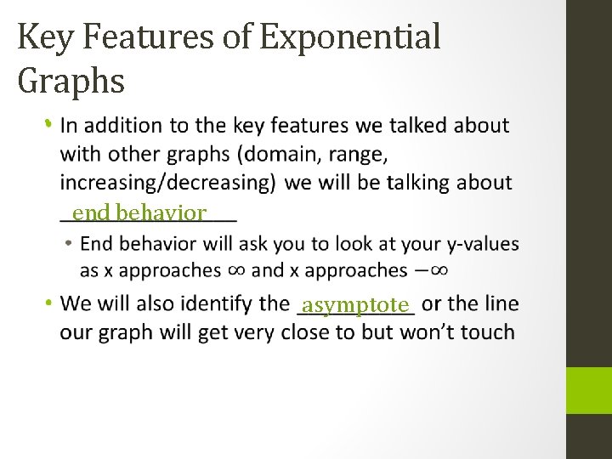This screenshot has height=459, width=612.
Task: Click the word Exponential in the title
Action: tap(351, 37)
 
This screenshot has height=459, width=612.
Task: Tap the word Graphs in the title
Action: tap(71, 81)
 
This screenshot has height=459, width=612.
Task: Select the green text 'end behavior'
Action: tap(139, 212)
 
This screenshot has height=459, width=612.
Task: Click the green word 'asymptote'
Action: tap(356, 304)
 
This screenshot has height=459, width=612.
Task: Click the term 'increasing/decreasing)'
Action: tap(167, 182)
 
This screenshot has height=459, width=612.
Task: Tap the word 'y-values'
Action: tap(482, 244)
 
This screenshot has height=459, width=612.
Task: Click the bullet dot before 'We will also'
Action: tap(49, 303)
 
